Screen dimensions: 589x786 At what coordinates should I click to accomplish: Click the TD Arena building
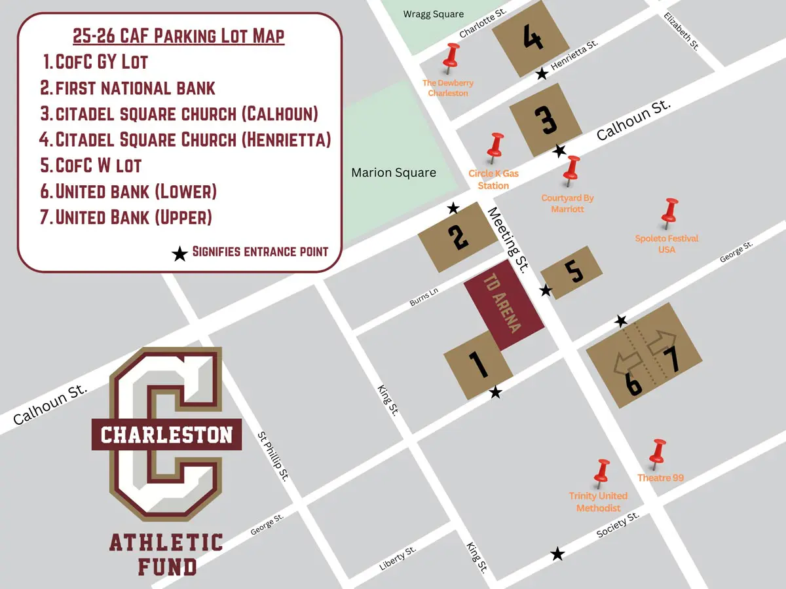[x=504, y=307]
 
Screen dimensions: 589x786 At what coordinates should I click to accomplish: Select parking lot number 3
[x=546, y=120]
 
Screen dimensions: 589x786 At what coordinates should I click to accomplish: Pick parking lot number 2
[x=458, y=236]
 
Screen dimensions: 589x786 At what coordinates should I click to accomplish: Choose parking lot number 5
[x=572, y=273]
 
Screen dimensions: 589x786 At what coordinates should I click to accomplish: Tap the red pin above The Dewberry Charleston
[x=451, y=57]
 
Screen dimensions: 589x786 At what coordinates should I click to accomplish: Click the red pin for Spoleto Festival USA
[x=669, y=212]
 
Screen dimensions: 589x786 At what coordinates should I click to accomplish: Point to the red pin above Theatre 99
[x=658, y=453]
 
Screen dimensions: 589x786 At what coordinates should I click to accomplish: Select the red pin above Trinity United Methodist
[x=601, y=473]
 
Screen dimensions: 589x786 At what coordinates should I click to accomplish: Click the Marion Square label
[x=394, y=173]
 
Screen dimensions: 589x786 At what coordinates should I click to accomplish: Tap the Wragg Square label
[x=434, y=14]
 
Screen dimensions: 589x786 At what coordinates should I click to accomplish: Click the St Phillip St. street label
[x=274, y=456]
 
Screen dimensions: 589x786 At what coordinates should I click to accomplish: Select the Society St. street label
[x=618, y=526]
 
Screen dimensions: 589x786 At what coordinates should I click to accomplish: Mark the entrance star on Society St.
[x=557, y=554]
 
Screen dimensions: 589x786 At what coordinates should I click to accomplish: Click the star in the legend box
[x=179, y=254]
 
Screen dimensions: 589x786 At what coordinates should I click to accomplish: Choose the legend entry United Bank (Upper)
[x=134, y=217]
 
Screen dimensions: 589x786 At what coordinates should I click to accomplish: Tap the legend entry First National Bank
[x=135, y=88]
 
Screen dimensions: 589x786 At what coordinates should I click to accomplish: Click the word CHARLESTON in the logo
[x=166, y=435]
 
